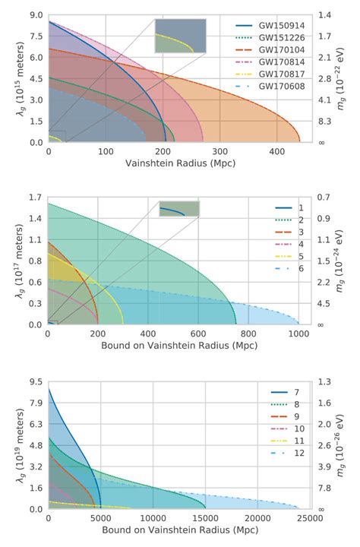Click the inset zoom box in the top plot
click(180, 36)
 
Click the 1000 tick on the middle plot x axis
click(298, 334)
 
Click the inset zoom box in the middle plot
click(179, 209)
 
